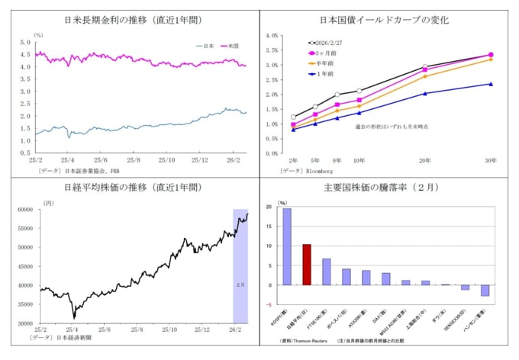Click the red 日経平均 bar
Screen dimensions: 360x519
pyautogui.click(x=306, y=265)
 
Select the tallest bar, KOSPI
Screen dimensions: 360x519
pyautogui.click(x=286, y=246)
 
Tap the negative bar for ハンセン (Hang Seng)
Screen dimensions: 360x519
pyautogui.click(x=485, y=291)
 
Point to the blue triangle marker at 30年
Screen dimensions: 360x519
pyautogui.click(x=490, y=84)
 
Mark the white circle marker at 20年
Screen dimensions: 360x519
pyautogui.click(x=425, y=67)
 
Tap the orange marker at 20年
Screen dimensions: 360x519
pyautogui.click(x=425, y=76)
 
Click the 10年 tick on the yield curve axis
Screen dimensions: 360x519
pyautogui.click(x=359, y=161)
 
